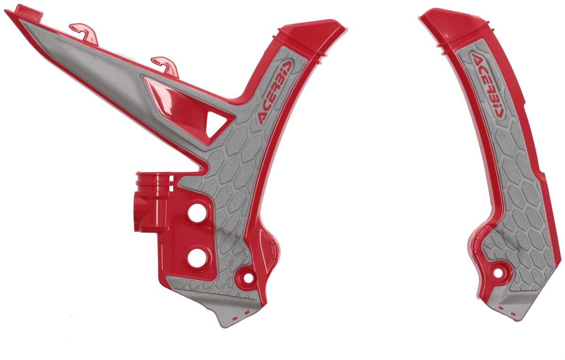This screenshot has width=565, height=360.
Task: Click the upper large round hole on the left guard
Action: point(197,213)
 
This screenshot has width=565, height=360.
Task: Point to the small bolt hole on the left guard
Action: point(249,278)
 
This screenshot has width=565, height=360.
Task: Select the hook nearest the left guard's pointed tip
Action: point(84,33)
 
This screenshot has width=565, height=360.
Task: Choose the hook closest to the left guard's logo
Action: point(165,66)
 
